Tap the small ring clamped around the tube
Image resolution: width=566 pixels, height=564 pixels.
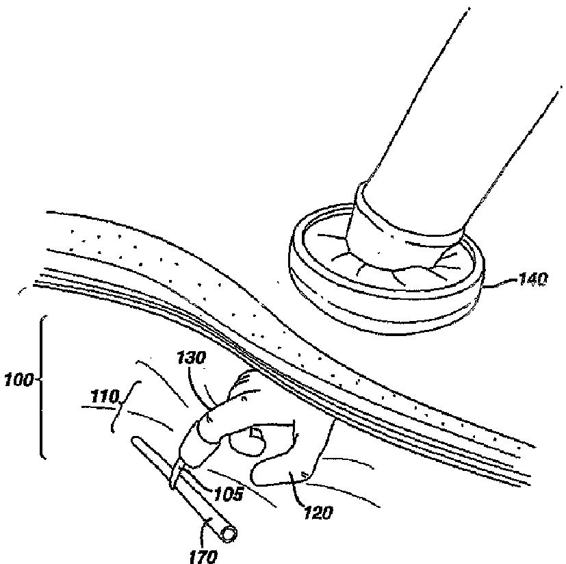(176, 474)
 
